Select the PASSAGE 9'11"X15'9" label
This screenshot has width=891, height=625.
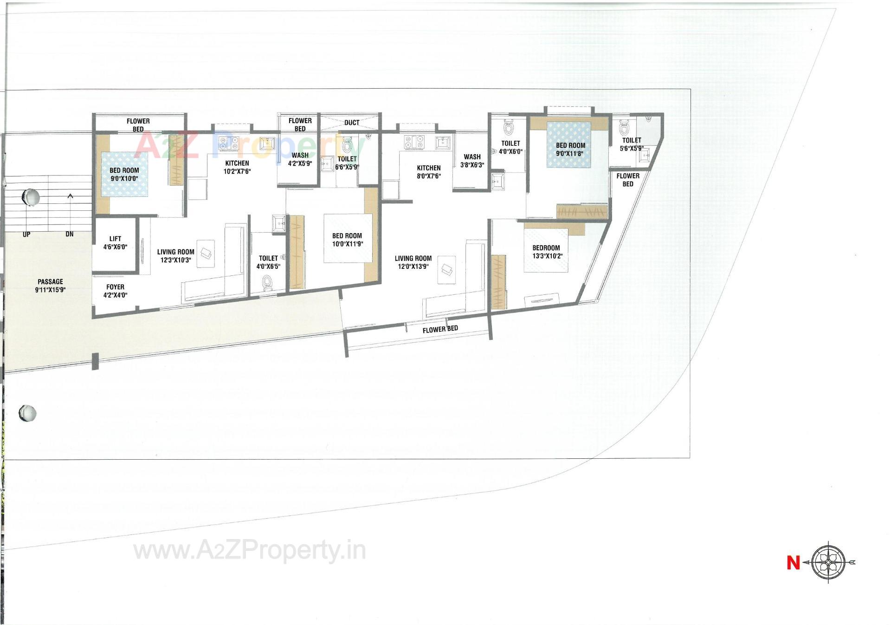[x=50, y=286]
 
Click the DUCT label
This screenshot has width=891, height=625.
[x=352, y=123]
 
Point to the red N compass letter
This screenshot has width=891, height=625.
[x=793, y=563]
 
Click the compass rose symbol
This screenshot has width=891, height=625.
[x=829, y=563]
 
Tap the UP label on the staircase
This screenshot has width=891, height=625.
[x=26, y=234]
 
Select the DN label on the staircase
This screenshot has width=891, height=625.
[x=70, y=234]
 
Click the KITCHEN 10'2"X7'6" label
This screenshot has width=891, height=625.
[x=237, y=167]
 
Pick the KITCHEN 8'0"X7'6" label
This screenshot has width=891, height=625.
[x=428, y=172]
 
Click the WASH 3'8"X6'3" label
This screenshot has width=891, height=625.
[x=472, y=161]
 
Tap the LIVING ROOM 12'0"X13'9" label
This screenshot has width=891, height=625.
[x=413, y=262]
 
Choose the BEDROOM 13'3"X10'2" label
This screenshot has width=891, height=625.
[x=546, y=252]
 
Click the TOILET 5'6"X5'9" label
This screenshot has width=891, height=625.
[x=632, y=144]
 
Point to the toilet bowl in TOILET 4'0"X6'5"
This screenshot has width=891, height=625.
[x=267, y=282]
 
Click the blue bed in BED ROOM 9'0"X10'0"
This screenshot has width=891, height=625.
[x=124, y=175]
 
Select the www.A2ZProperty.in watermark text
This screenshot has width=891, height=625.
[x=249, y=551]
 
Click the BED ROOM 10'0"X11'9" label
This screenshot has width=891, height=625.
[x=347, y=240]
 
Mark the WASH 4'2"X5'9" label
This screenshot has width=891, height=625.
[x=300, y=159]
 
